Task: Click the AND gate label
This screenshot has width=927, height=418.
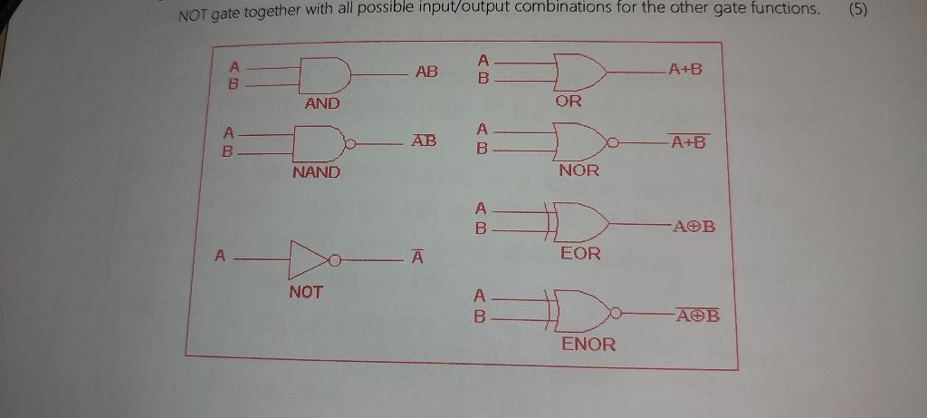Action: pyautogui.click(x=322, y=103)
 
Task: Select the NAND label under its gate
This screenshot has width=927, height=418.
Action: pyautogui.click(x=316, y=171)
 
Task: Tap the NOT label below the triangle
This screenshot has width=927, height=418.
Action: pyautogui.click(x=306, y=292)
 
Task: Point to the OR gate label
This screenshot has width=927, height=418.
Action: pyautogui.click(x=569, y=102)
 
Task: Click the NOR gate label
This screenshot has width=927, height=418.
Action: pyautogui.click(x=578, y=170)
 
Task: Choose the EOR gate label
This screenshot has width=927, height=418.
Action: pyautogui.click(x=580, y=253)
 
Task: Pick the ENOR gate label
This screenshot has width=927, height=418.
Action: pyautogui.click(x=588, y=344)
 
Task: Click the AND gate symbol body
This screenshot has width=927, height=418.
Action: pyautogui.click(x=324, y=74)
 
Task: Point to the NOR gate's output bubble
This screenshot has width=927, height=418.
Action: pyautogui.click(x=615, y=142)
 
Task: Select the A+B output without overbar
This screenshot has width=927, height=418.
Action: pyautogui.click(x=684, y=70)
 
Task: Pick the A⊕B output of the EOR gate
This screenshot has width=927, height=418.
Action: pyautogui.click(x=693, y=226)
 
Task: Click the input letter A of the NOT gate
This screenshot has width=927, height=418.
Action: pyautogui.click(x=219, y=257)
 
